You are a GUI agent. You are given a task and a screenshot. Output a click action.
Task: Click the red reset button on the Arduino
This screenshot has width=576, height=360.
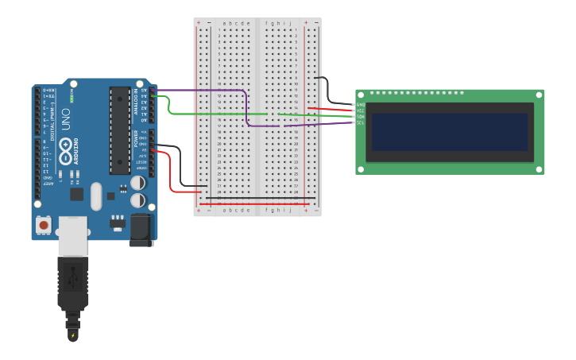pos(44,226)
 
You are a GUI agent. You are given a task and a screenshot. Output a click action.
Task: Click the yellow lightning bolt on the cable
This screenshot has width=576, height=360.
pos(73,335)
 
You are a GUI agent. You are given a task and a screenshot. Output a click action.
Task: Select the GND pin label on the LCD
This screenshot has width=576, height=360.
pos(361,105)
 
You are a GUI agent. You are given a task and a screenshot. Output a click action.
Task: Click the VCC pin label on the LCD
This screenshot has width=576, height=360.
pos(361,110)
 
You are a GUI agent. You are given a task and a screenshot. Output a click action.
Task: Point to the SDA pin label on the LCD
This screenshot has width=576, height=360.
pos(361,117)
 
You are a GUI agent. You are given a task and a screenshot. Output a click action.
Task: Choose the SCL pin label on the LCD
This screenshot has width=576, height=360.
pos(361,122)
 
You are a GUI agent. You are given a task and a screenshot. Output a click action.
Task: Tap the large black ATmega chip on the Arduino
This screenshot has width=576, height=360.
pos(119,130)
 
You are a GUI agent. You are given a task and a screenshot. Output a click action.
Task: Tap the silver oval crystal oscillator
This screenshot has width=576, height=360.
pos(96,196)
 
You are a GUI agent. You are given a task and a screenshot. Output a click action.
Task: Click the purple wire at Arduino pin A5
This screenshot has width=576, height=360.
pos(163,90)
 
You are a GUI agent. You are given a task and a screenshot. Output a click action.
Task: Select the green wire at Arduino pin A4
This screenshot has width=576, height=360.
pos(163,96)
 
